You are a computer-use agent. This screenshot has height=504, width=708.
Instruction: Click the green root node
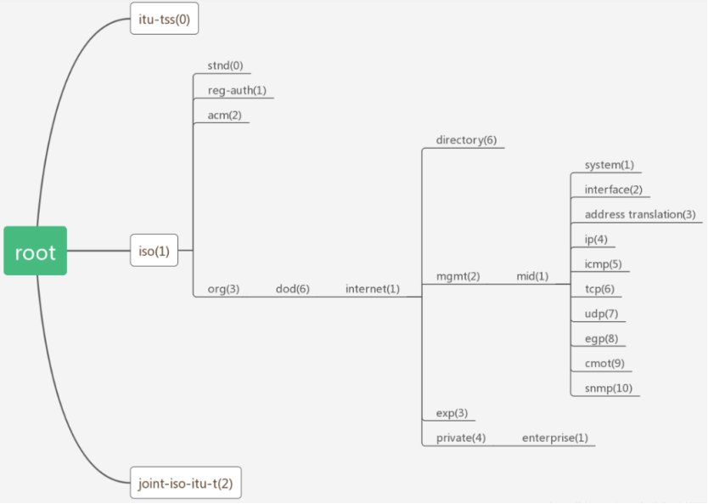(x=35, y=252)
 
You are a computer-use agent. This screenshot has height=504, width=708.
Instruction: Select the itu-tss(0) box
(x=165, y=18)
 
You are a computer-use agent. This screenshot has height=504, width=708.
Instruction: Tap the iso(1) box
(x=154, y=251)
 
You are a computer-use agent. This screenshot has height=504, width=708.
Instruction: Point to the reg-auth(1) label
(x=237, y=90)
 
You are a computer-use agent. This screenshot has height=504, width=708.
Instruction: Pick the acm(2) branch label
(x=224, y=115)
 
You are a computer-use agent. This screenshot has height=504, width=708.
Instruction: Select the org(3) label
(x=223, y=289)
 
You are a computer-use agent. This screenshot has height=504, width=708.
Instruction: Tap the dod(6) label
(x=292, y=289)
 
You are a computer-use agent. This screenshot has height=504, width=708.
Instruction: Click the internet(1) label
(x=372, y=289)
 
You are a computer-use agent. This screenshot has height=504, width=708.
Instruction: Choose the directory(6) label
(x=466, y=140)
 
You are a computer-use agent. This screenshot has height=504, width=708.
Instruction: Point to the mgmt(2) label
(x=458, y=276)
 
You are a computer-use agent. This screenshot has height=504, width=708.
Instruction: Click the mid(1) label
(x=532, y=276)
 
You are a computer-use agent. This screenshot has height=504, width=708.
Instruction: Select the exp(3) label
(x=452, y=413)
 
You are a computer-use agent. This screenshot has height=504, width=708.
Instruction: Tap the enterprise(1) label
(x=554, y=438)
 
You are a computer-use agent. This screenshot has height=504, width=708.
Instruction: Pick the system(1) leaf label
(x=609, y=165)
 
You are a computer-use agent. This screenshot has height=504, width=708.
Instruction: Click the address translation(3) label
(x=639, y=214)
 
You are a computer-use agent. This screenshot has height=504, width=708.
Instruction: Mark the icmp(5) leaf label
(x=603, y=263)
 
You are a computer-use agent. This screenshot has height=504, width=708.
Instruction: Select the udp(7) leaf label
(x=601, y=314)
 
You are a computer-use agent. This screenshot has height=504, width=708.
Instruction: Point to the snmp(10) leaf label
(x=608, y=388)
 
